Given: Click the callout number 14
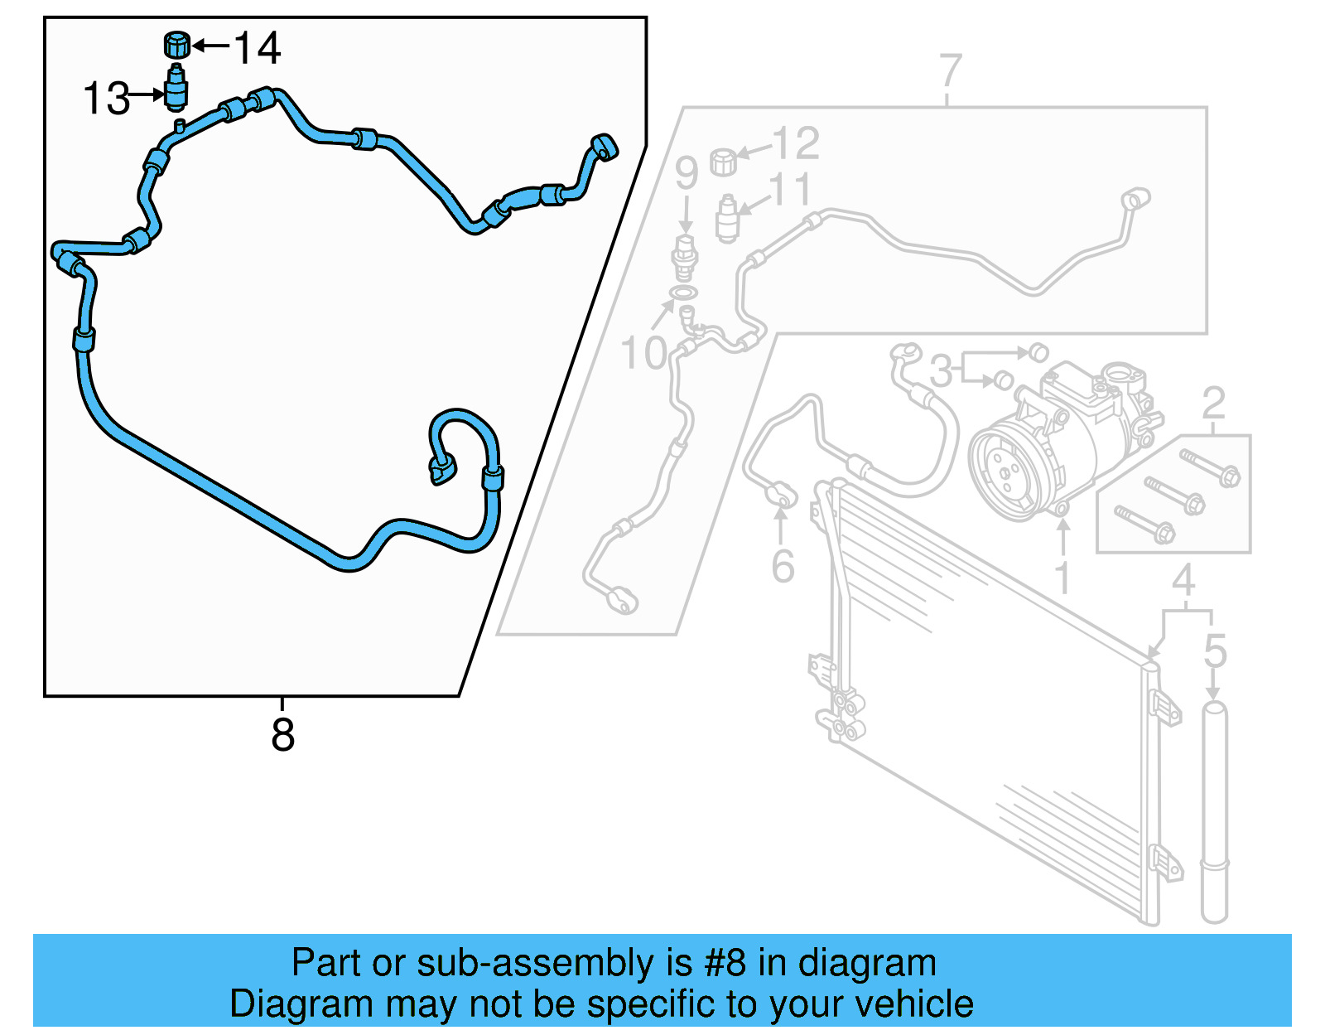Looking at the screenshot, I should click(258, 48).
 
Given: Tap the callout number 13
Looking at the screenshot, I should click(107, 99).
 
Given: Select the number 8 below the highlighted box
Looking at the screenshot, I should click(282, 734).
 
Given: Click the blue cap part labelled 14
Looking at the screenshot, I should click(176, 45).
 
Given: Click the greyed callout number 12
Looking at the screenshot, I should click(796, 143).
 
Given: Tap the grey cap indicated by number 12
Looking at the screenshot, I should click(723, 161).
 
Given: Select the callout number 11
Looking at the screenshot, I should click(791, 190).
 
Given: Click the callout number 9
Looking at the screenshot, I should click(686, 173).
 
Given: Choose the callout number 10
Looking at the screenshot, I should click(643, 354).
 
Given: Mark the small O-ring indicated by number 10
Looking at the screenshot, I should click(683, 293).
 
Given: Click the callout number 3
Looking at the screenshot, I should click(941, 370).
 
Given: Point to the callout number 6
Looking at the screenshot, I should click(783, 567).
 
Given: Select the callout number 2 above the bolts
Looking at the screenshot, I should click(1213, 404).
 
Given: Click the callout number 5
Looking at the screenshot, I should click(1215, 651).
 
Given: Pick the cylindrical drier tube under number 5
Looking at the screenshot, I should click(1214, 812).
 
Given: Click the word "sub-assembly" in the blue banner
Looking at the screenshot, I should click(535, 964).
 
